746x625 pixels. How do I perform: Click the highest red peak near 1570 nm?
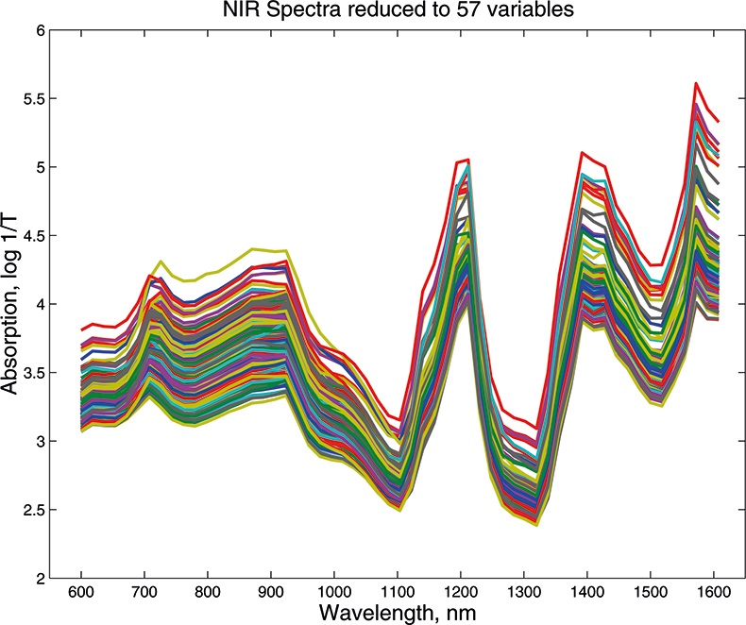[x=696, y=83]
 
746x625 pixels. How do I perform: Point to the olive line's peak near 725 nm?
[x=161, y=261]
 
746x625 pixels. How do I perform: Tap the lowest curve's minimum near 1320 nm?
[x=536, y=524]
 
